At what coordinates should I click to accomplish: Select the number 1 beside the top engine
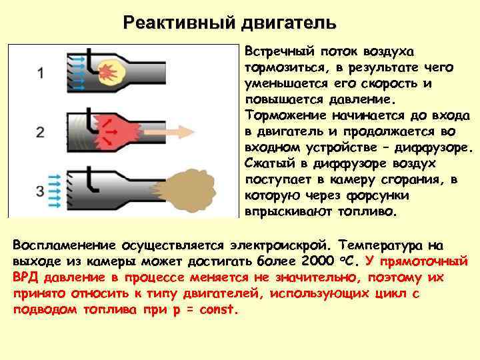[x=41, y=73]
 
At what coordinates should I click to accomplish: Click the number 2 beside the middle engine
[x=41, y=131]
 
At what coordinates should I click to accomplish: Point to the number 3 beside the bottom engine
[x=41, y=191]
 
